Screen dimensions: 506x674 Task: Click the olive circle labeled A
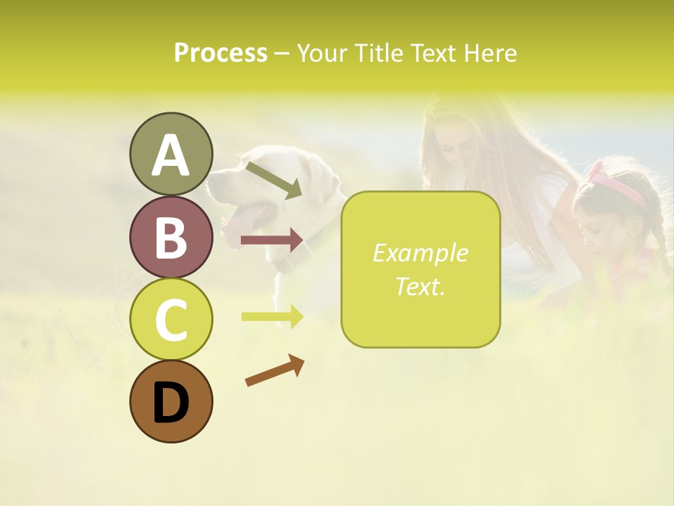tap(171, 154)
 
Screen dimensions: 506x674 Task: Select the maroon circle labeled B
tap(171, 237)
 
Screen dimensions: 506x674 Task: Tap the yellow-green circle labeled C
tap(171, 319)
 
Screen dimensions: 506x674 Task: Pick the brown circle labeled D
tap(171, 401)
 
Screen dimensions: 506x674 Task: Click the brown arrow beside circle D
tap(275, 370)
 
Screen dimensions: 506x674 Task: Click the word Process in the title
tap(220, 53)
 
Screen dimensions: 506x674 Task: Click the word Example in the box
tap(420, 253)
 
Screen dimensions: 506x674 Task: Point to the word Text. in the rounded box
tap(420, 286)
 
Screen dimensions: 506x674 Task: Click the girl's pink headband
tap(618, 183)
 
